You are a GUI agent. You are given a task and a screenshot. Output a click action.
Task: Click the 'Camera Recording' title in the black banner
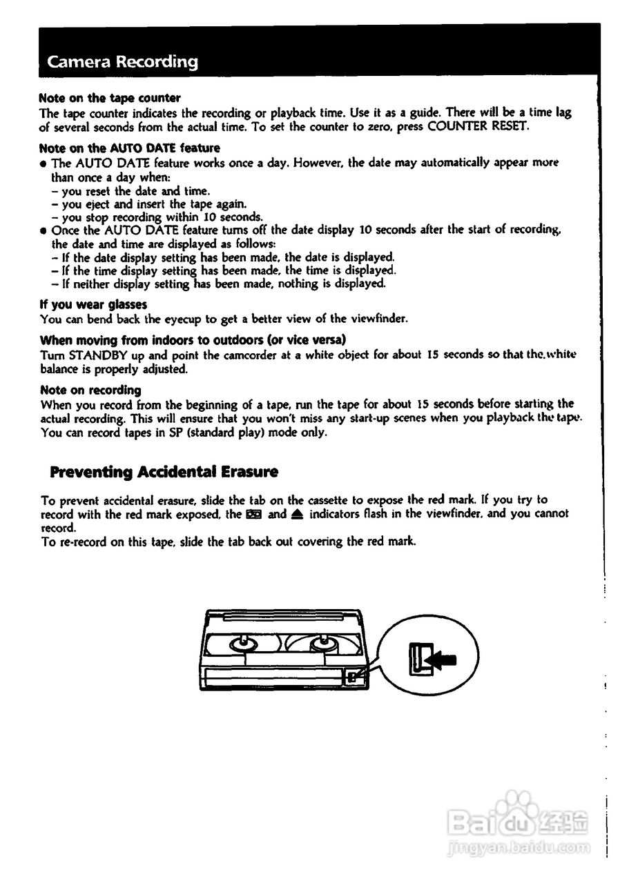tap(122, 62)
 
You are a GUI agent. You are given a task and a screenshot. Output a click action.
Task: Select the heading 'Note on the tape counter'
tap(110, 98)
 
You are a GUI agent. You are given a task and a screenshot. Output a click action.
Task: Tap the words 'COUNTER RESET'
tap(478, 126)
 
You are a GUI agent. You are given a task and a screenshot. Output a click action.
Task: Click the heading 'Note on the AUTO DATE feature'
tap(130, 148)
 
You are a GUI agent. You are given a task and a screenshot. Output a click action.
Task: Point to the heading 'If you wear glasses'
tap(93, 304)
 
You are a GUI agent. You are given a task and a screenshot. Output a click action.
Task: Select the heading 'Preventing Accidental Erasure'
tap(164, 472)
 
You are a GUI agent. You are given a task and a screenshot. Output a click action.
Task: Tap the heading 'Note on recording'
tap(90, 390)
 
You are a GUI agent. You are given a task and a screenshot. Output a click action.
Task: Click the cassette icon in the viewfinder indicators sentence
tap(253, 514)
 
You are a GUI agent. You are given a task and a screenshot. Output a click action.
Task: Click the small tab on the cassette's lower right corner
tap(353, 676)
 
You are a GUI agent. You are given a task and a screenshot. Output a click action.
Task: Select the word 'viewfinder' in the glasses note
tap(379, 319)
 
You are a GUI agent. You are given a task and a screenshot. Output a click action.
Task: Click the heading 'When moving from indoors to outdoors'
tap(193, 340)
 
